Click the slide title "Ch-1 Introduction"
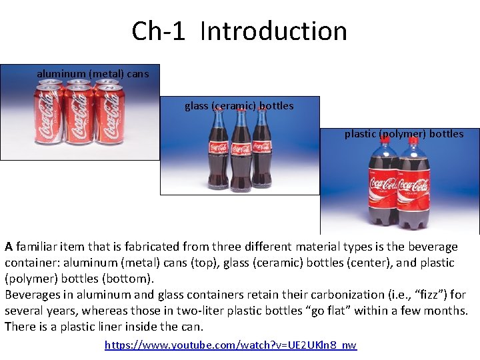(239, 31)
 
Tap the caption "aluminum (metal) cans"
(93, 73)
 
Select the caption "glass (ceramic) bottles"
(239, 105)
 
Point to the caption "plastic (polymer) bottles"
(403, 133)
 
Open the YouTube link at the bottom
(231, 345)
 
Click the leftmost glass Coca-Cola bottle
(218, 150)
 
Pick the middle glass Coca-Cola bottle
(240, 150)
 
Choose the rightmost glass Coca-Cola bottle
(262, 150)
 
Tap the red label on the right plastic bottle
(414, 187)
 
